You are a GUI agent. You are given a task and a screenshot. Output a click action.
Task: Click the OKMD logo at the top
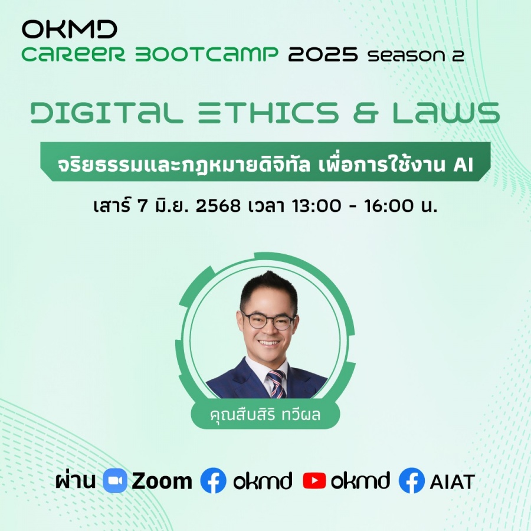point(70,29)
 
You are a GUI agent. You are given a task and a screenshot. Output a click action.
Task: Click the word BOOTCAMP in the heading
point(206,54)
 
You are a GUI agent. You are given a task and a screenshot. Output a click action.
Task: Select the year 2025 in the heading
point(323,54)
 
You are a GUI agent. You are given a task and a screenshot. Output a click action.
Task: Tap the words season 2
point(416,55)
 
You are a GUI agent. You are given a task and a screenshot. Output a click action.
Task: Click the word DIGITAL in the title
point(107,113)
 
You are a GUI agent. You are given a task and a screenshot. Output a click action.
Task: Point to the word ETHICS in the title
point(268,113)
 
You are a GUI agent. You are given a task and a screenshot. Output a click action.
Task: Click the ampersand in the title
point(366,113)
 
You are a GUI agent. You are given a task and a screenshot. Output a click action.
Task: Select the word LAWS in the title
point(447,113)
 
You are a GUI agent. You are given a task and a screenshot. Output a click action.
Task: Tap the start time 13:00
point(317,205)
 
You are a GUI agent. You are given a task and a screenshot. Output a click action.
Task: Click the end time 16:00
point(389,205)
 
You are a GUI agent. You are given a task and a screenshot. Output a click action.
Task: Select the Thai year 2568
point(218,205)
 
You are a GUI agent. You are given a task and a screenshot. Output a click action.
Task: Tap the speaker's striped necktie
point(277,384)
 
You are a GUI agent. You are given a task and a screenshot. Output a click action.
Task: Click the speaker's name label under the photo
point(265,415)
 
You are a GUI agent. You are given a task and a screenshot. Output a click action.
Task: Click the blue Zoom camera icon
point(115,480)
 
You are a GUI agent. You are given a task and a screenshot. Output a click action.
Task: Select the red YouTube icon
point(314,480)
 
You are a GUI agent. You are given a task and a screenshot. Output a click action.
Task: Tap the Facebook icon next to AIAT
point(411,480)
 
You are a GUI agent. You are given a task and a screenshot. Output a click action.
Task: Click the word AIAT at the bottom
point(452,481)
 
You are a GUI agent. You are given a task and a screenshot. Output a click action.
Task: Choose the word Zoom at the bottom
point(162,481)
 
